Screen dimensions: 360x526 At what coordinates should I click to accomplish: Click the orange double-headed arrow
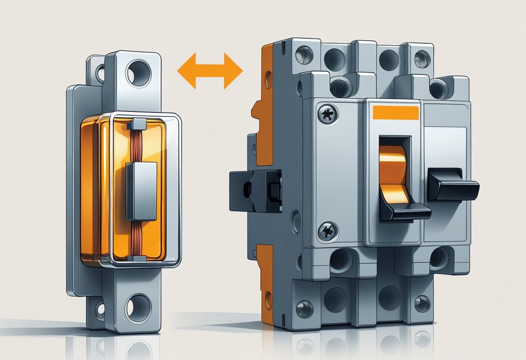click(x=210, y=71)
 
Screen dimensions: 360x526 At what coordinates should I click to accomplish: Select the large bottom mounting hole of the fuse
click(x=138, y=308)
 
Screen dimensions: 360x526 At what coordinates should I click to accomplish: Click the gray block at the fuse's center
click(x=141, y=191)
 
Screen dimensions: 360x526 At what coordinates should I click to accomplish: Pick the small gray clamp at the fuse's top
click(x=138, y=124)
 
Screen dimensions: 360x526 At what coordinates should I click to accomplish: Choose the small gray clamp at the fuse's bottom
click(x=138, y=258)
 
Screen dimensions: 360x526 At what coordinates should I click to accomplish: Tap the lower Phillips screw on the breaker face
click(x=327, y=231)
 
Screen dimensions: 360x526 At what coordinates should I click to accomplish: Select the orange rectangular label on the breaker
click(x=395, y=112)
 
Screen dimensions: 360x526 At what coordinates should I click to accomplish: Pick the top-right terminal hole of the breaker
click(x=421, y=58)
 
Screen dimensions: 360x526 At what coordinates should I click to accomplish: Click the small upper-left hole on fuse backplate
click(x=100, y=73)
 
